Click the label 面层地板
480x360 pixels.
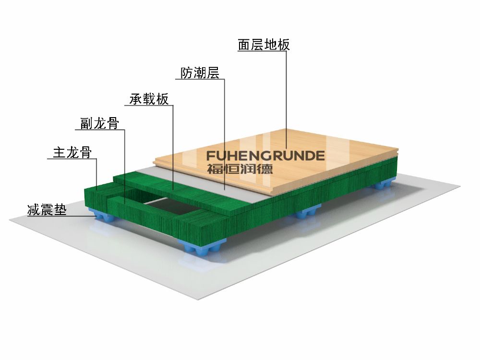pyautogui.click(x=264, y=45)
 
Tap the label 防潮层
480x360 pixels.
pyautogui.click(x=200, y=73)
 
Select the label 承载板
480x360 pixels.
pyautogui.click(x=149, y=99)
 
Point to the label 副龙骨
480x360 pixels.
pyautogui.click(x=99, y=123)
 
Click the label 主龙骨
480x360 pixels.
pyautogui.click(x=72, y=152)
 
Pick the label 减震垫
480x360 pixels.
pyautogui.click(x=47, y=210)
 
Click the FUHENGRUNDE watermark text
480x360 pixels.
pyautogui.click(x=265, y=156)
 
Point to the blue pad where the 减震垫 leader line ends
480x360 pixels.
pyautogui.click(x=101, y=215)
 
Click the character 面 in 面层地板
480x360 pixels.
pyautogui.click(x=244, y=45)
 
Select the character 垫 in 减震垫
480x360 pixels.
pyautogui.click(x=60, y=210)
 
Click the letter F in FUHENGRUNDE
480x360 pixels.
pyautogui.click(x=211, y=156)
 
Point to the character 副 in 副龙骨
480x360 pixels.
pyautogui.click(x=86, y=123)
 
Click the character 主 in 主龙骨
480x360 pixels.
pyautogui.click(x=59, y=152)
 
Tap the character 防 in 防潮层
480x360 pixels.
pyautogui.click(x=187, y=73)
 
